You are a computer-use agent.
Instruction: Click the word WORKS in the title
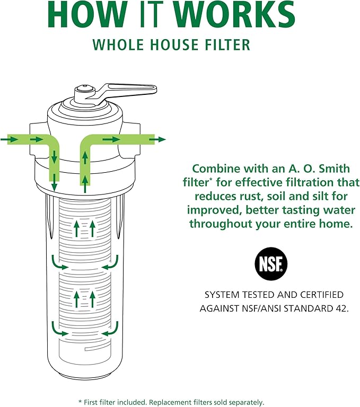(234, 15)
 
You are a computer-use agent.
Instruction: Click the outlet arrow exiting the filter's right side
(158, 139)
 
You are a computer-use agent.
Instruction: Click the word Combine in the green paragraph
(215, 169)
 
